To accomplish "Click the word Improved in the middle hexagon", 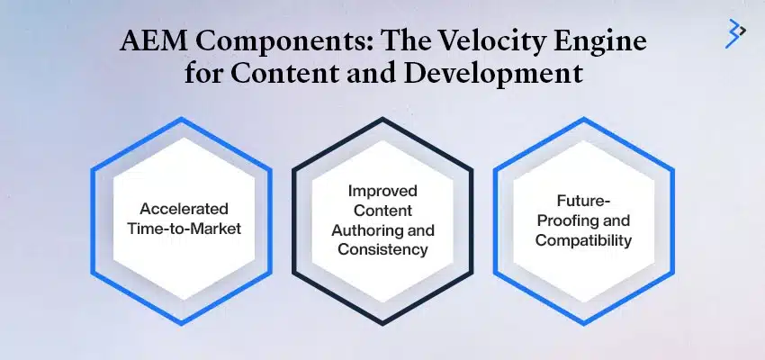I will coord(382,191).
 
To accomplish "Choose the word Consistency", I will coord(382,249).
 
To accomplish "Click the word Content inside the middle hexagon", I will coord(382,211).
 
